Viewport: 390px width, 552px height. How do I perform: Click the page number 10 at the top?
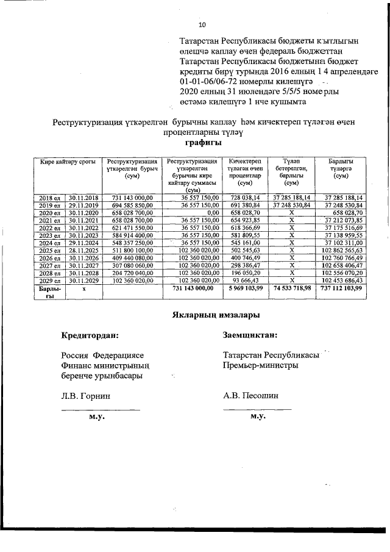pos(203,25)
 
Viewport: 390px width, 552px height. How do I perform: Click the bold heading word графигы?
pos(202,142)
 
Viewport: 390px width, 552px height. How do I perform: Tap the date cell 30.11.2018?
pos(83,198)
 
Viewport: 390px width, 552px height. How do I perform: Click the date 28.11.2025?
pos(83,251)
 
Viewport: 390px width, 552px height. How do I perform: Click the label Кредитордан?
pos(90,335)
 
